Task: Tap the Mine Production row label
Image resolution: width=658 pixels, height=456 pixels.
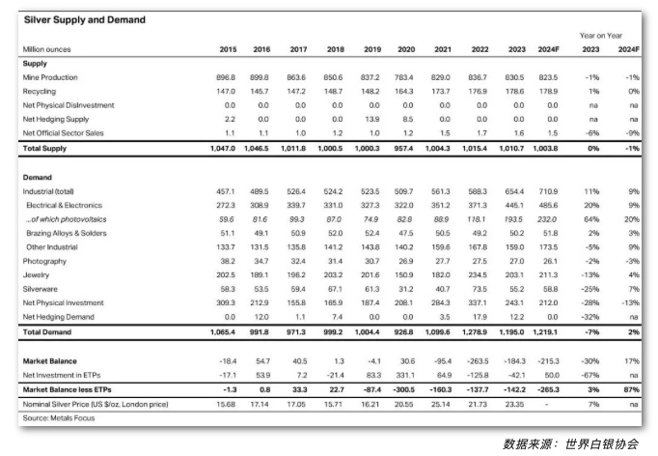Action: click(49, 77)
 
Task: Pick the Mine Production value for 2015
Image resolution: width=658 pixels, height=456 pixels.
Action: click(225, 77)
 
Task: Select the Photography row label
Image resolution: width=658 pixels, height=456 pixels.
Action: click(43, 261)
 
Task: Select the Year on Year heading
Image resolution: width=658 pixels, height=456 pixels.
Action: click(600, 36)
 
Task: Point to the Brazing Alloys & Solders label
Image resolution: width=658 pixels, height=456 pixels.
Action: click(69, 233)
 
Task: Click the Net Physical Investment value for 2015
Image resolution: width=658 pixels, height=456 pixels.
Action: click(225, 302)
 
